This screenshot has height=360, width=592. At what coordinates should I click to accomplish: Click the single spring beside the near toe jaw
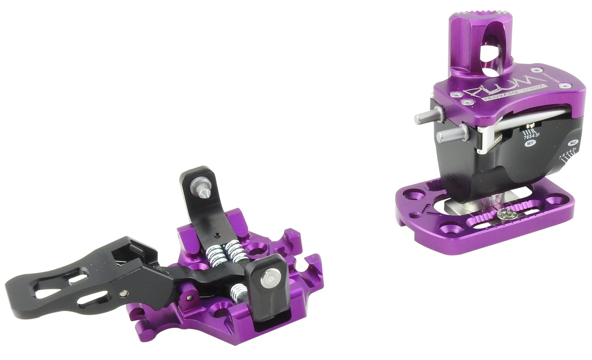tap(237, 293)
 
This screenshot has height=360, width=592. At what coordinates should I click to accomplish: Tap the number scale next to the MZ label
tap(567, 155)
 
